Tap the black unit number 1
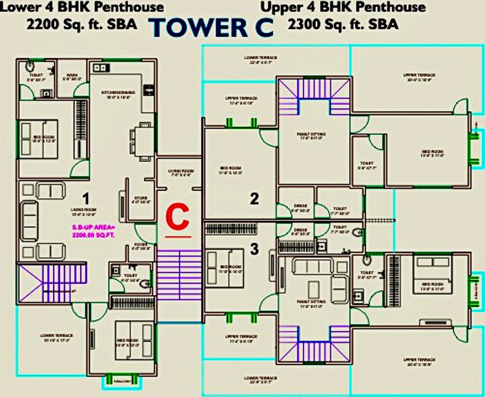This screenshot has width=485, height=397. pyautogui.click(x=86, y=197)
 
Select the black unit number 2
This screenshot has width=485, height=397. pyautogui.click(x=254, y=198)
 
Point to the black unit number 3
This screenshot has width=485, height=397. pyautogui.click(x=254, y=249)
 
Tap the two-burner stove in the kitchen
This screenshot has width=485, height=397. pyautogui.click(x=99, y=68)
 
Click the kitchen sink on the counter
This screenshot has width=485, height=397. pyautogui.click(x=148, y=90)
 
